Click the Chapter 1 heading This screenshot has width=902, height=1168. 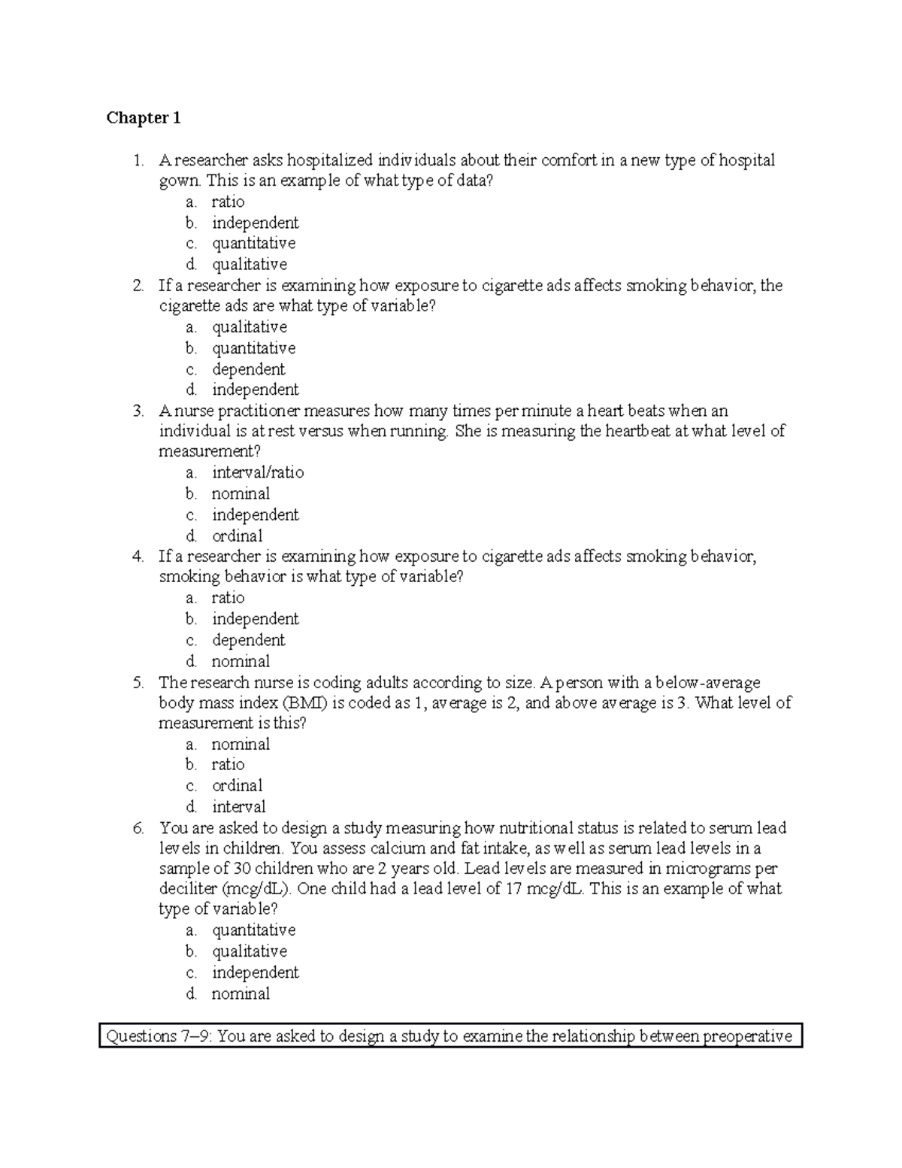(144, 118)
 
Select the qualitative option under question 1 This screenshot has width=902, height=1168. (249, 264)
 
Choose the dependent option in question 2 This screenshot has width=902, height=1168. (248, 369)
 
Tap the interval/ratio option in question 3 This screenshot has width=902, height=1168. (258, 472)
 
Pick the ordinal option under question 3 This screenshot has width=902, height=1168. (237, 535)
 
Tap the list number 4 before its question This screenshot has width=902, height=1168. (137, 557)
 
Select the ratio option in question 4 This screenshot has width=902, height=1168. (228, 598)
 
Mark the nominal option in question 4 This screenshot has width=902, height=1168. (241, 661)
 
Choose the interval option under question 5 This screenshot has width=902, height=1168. (238, 806)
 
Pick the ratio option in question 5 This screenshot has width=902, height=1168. (228, 764)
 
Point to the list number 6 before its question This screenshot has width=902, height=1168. (137, 828)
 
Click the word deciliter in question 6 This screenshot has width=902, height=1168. (188, 889)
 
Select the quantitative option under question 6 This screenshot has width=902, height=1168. (253, 930)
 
